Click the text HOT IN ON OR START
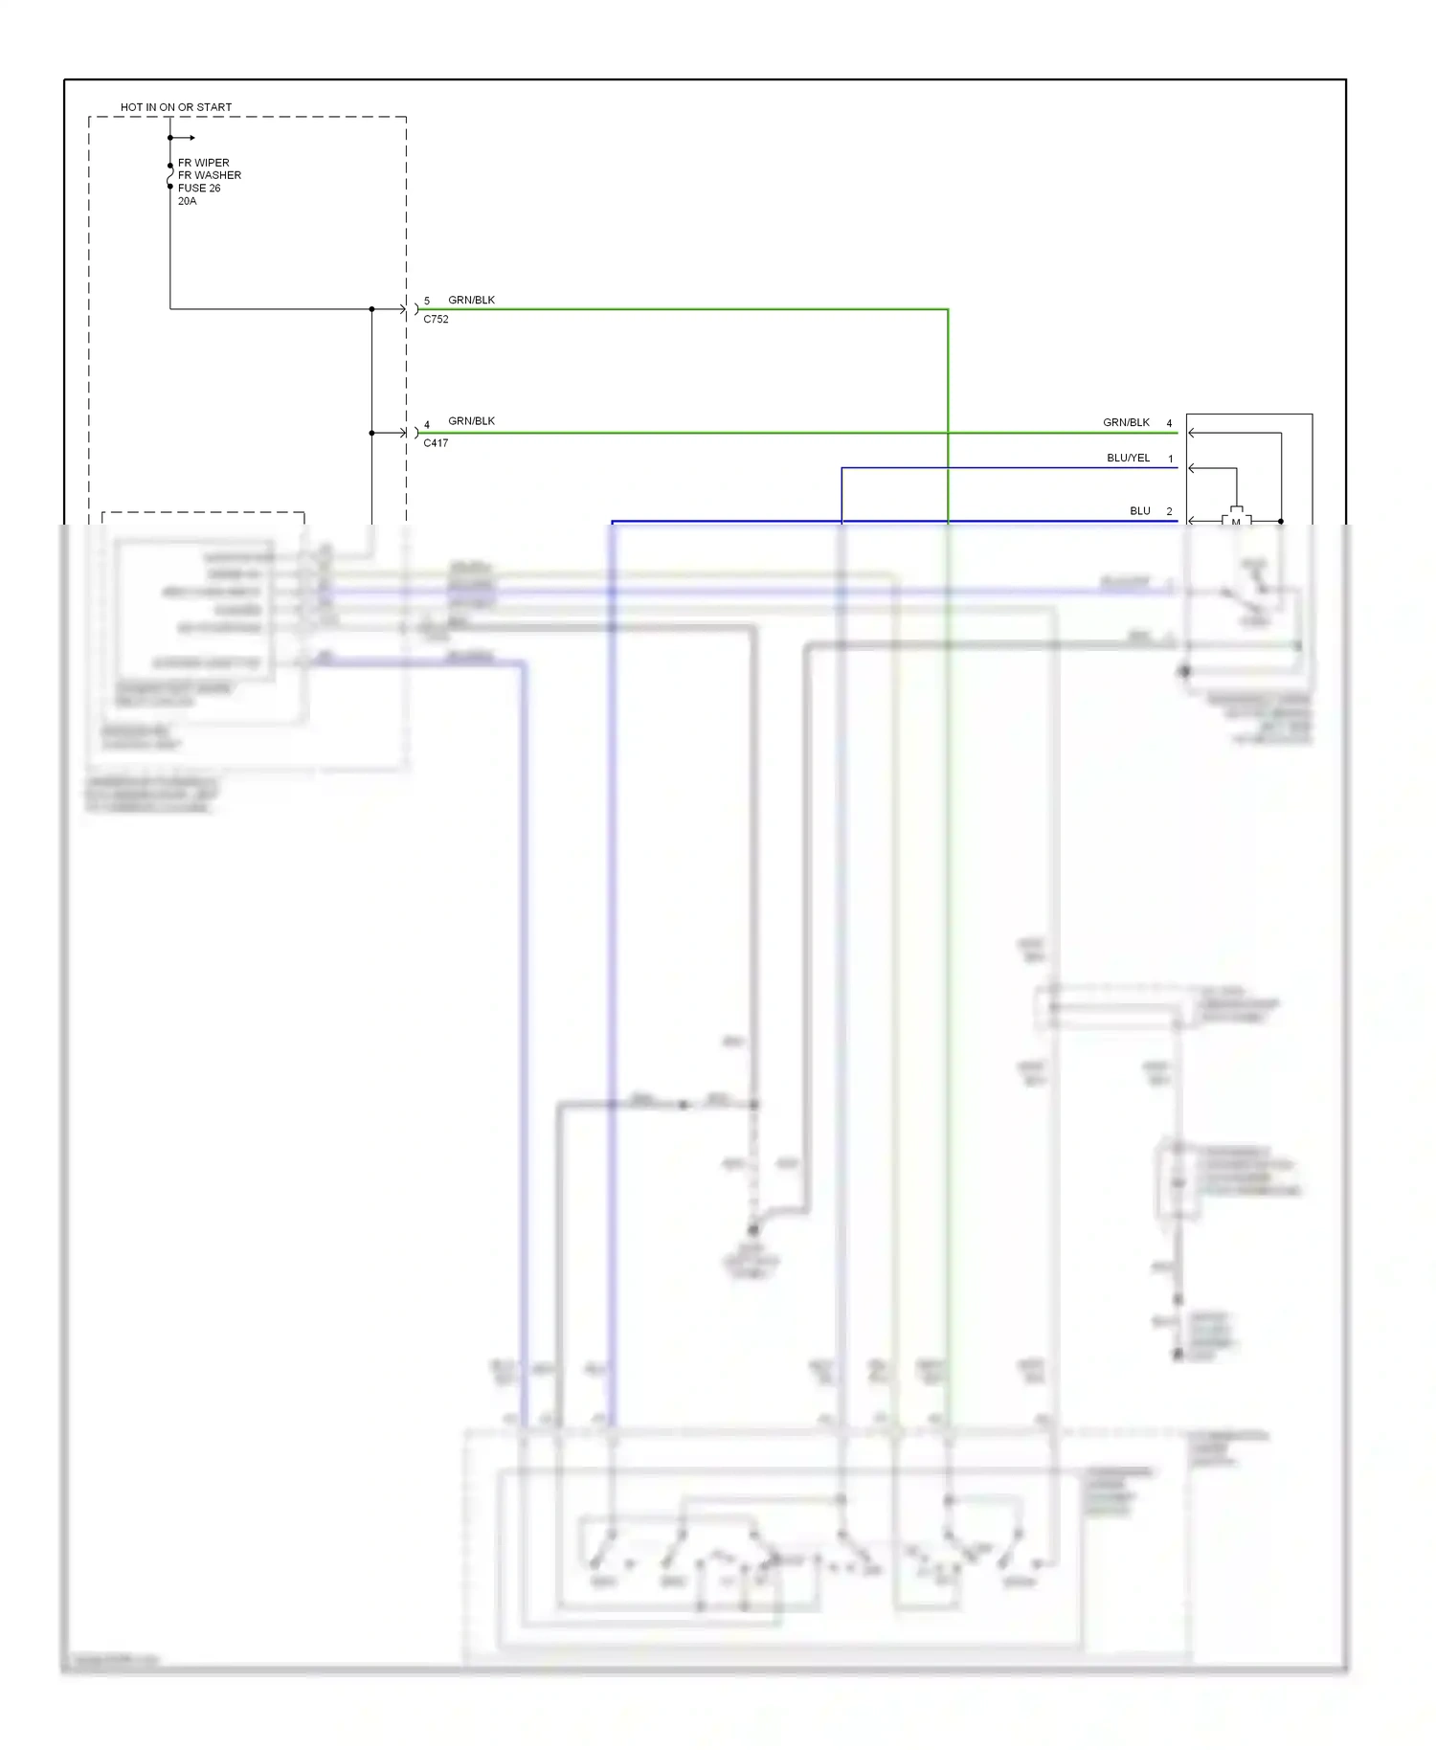(176, 107)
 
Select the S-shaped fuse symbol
(170, 176)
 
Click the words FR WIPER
(203, 163)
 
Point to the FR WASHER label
(210, 175)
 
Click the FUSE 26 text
(199, 188)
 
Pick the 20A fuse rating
(187, 201)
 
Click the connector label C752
(436, 320)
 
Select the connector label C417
(436, 443)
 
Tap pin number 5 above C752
(427, 301)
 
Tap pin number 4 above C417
(427, 424)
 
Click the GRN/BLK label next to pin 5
(471, 300)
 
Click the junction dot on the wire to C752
(371, 309)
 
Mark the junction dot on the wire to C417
(371, 433)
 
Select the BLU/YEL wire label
(1128, 458)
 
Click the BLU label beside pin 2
(1139, 510)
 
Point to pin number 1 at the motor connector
(1170, 459)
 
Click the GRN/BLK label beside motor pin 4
(1126, 422)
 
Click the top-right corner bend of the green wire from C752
(947, 310)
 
